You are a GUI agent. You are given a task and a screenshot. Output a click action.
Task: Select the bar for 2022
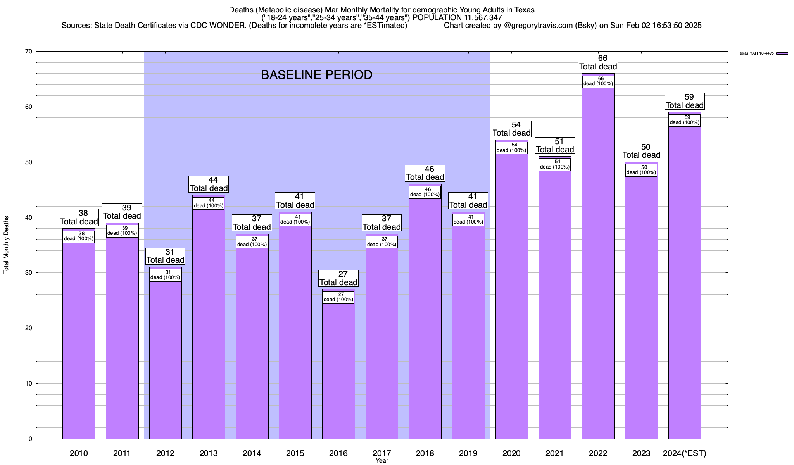tap(598, 271)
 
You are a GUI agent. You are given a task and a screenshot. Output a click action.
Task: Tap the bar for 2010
tap(79, 341)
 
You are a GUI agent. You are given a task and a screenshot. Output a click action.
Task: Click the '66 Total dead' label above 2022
tap(598, 62)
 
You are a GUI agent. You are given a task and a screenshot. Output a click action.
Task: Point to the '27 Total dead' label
tap(338, 278)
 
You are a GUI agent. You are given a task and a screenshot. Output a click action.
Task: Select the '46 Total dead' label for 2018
tap(425, 173)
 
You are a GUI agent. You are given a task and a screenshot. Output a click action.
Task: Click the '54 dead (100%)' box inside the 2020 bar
tap(511, 148)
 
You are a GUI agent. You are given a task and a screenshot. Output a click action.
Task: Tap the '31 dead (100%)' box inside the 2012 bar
tap(165, 275)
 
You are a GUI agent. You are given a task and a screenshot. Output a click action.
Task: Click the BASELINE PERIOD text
tap(316, 75)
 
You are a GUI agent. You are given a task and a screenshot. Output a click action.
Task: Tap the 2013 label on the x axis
tap(209, 453)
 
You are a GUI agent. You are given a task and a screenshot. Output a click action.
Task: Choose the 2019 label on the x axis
tap(468, 453)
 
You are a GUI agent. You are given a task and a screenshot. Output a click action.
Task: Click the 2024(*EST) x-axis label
tap(685, 453)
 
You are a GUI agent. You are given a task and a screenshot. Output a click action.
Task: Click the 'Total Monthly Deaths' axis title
tap(6, 245)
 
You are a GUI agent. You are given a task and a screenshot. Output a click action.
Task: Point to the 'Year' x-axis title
tap(382, 461)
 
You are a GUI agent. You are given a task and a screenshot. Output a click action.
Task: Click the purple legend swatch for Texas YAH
tap(782, 53)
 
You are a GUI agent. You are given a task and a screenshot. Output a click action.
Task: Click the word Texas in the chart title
tap(524, 10)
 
